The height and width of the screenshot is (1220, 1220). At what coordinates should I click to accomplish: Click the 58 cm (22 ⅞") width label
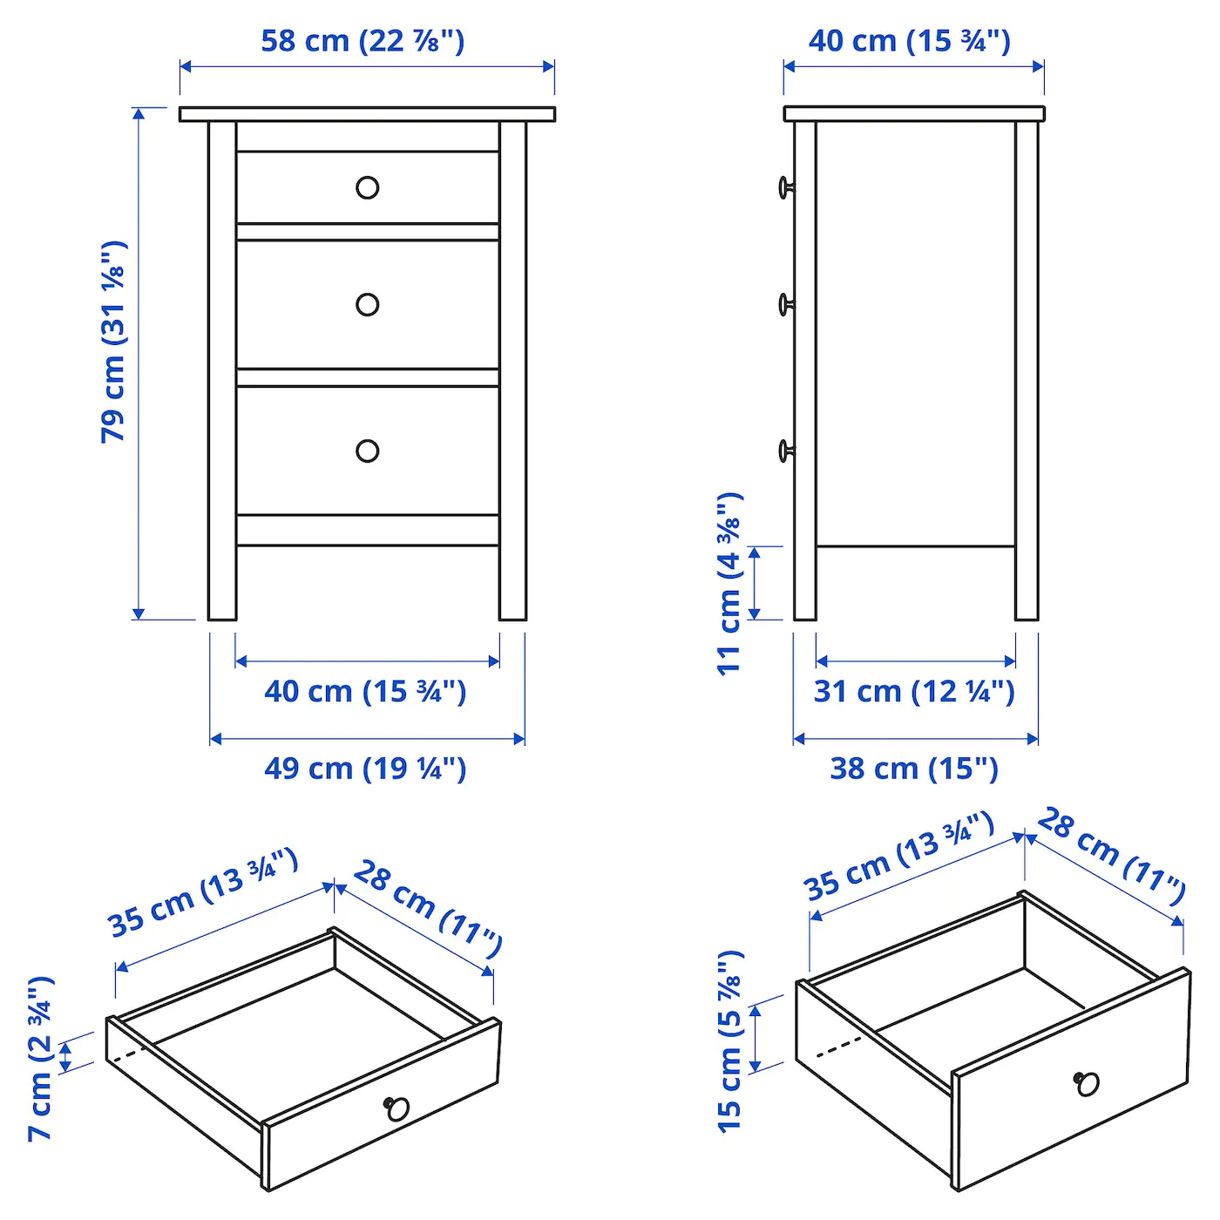click(363, 41)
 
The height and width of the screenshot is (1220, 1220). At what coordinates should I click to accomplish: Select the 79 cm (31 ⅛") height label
click(114, 341)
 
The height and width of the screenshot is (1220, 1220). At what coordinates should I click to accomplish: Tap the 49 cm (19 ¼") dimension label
click(365, 769)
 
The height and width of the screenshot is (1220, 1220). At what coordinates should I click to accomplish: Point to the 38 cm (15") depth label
click(913, 769)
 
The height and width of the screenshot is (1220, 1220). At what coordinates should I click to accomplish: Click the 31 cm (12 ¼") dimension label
click(914, 692)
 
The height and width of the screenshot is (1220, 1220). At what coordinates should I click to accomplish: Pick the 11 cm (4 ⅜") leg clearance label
click(729, 583)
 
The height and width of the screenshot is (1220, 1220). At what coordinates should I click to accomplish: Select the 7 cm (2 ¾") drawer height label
click(41, 1058)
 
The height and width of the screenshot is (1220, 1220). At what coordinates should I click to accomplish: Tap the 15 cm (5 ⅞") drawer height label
click(729, 1041)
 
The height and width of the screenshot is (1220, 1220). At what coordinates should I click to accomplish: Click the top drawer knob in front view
click(368, 187)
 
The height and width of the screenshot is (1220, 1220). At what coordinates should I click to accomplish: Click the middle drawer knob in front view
click(368, 304)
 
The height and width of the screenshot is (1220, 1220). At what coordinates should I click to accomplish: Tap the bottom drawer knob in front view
click(368, 451)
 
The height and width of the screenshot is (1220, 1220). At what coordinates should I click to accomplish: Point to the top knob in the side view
click(786, 186)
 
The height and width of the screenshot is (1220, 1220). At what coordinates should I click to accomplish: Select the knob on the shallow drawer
click(397, 1108)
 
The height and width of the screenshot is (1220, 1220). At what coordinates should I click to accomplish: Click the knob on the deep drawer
click(1087, 1083)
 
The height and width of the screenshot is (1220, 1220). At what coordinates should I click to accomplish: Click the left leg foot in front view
click(222, 610)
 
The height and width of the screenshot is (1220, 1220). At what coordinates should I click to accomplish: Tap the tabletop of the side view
click(913, 114)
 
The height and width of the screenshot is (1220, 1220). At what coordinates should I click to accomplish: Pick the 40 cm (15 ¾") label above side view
click(909, 41)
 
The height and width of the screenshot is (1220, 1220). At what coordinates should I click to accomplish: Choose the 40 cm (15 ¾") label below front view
click(365, 692)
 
